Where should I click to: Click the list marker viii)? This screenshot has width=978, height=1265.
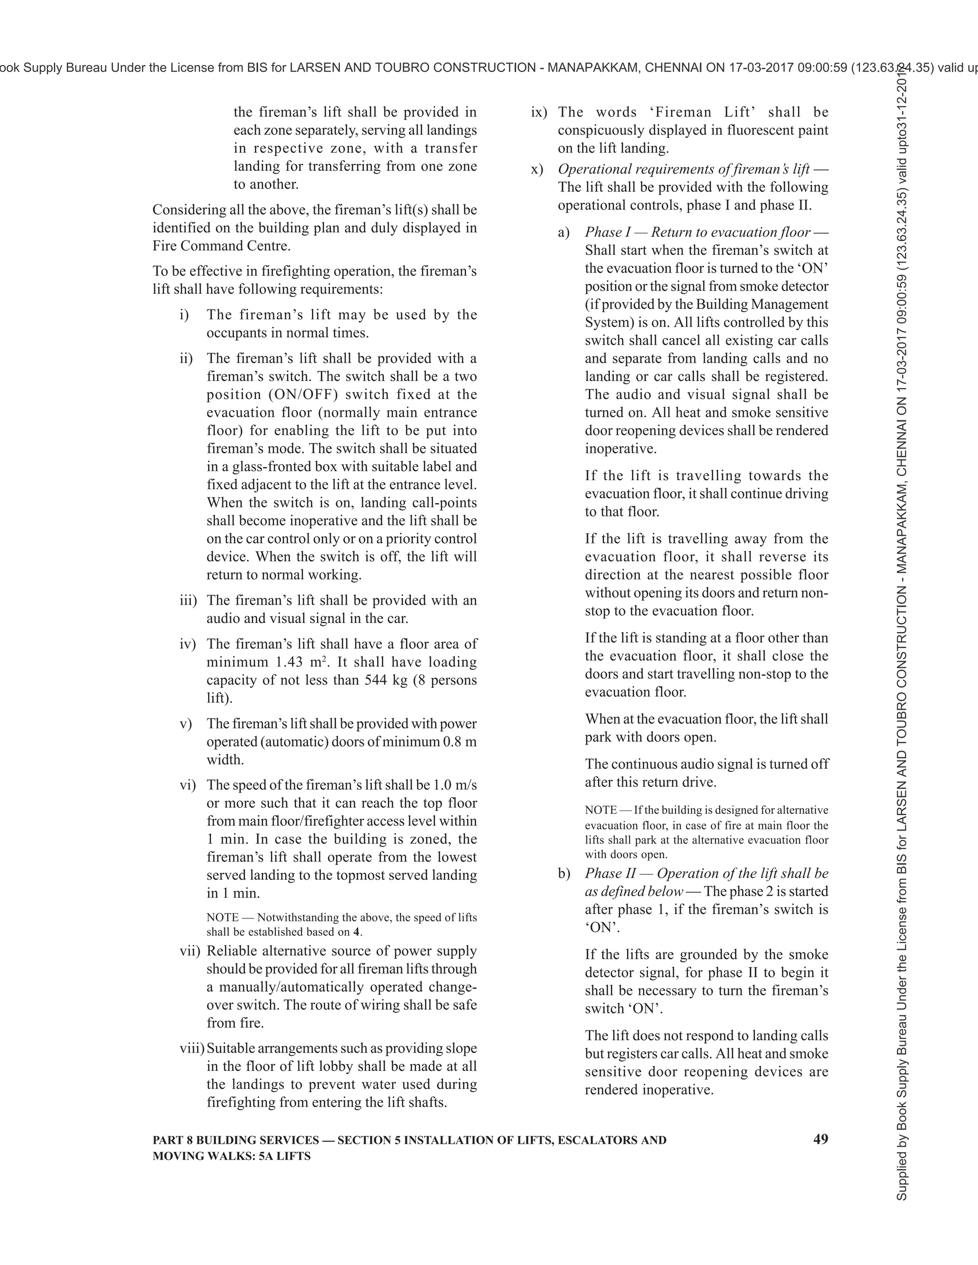(x=192, y=1048)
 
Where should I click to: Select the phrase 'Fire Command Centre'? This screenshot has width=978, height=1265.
(x=221, y=246)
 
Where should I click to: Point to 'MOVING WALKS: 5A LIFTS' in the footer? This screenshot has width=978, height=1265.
(x=231, y=1156)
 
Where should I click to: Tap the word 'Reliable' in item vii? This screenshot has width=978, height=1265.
(x=232, y=951)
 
